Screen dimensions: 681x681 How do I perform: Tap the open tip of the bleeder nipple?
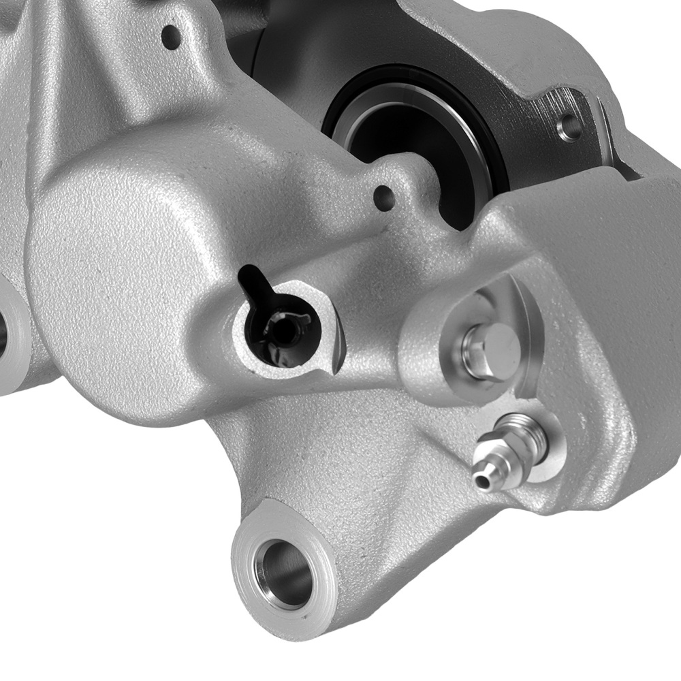[x=482, y=482]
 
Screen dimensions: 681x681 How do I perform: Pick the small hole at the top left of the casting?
[x=171, y=36]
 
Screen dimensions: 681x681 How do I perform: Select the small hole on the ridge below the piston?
[x=384, y=197]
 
